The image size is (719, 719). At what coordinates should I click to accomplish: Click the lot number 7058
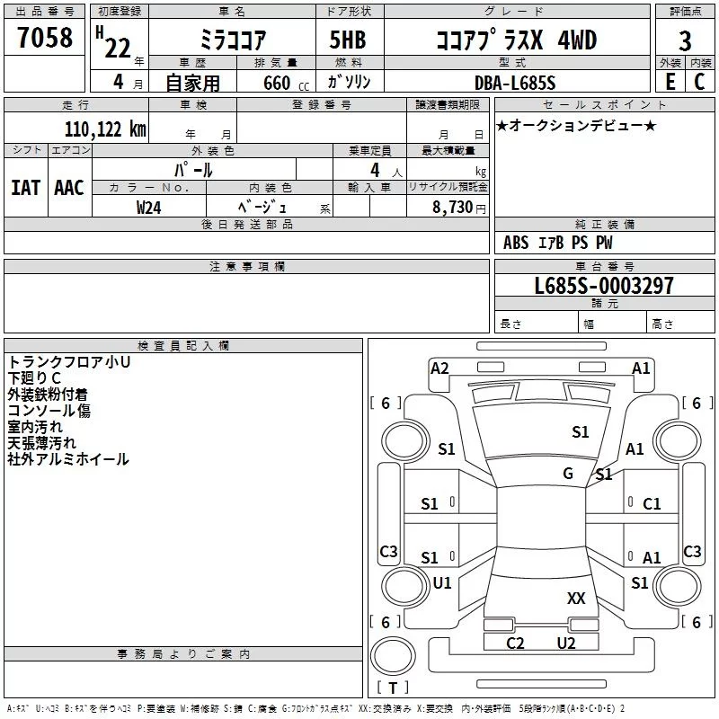click(x=45, y=37)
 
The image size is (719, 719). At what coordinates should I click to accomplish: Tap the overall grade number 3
click(x=685, y=41)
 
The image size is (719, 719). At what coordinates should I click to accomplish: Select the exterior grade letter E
click(x=670, y=82)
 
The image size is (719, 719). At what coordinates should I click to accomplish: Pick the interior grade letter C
click(x=699, y=82)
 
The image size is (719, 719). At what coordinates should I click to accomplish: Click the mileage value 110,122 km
click(x=105, y=129)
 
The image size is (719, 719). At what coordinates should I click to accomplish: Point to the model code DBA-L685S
click(x=515, y=83)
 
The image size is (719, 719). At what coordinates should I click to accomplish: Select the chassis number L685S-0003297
click(x=604, y=286)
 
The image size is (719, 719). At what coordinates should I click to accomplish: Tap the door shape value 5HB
click(x=348, y=40)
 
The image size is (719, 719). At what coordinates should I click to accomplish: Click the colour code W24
click(x=148, y=208)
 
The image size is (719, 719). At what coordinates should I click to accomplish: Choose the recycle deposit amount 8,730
click(x=452, y=207)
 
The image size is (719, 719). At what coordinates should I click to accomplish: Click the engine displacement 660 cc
click(x=286, y=83)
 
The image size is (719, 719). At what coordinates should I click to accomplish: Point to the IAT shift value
click(x=25, y=188)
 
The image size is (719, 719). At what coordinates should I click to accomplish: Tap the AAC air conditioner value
click(x=69, y=188)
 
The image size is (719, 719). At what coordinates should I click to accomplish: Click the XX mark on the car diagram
click(x=576, y=598)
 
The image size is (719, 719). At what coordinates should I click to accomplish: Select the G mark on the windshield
click(x=568, y=473)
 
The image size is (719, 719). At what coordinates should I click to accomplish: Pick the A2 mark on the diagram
click(x=439, y=368)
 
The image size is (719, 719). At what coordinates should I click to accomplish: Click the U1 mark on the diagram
click(x=442, y=582)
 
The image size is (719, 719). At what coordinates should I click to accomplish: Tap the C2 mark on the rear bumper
click(x=515, y=643)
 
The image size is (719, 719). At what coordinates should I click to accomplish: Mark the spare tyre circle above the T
click(x=393, y=656)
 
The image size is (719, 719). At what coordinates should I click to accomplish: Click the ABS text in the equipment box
click(x=516, y=243)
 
